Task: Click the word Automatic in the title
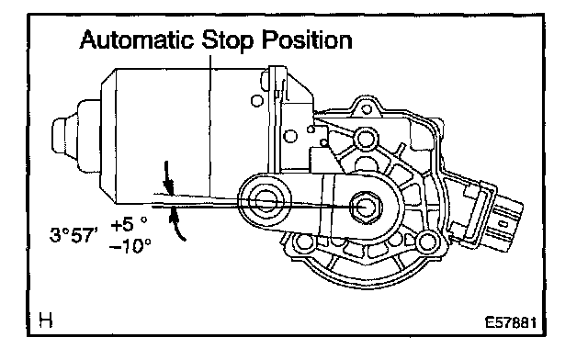pos(137,39)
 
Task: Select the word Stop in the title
pos(227,40)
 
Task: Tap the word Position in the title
pos(307,39)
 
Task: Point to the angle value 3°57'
pos(73,235)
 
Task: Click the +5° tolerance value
pos(129,224)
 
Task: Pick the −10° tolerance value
pos(130,246)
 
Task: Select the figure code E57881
pos(511,322)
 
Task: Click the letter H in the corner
pos(46,321)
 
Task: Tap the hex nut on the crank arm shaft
pos(365,207)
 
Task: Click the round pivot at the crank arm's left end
pos(266,202)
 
